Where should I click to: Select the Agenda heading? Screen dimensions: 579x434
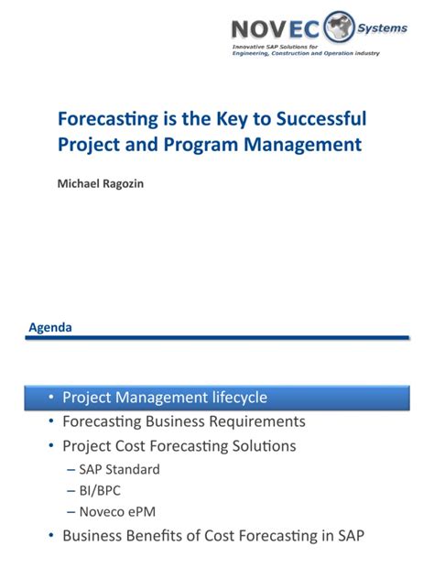(x=50, y=327)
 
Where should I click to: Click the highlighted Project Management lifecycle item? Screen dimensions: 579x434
(x=165, y=397)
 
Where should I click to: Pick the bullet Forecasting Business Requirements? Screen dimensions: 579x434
(x=183, y=421)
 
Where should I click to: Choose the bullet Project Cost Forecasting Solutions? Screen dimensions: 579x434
(x=179, y=446)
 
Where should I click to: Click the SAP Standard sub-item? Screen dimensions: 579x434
(x=119, y=469)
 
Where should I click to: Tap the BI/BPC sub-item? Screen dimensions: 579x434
(x=102, y=491)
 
